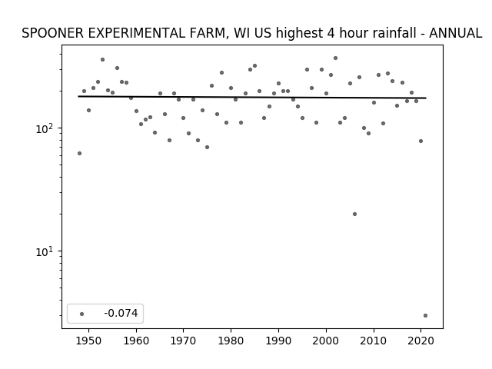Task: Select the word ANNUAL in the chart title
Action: (455, 33)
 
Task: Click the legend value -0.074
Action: (121, 313)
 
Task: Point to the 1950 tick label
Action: (88, 341)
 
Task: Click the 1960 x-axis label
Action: (136, 341)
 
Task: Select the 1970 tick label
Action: (183, 341)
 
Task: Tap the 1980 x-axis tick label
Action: (231, 341)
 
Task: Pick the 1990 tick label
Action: (278, 341)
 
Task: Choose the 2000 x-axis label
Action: (326, 341)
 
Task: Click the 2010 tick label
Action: (374, 341)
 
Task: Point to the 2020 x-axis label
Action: (421, 341)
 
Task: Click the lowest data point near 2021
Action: (425, 316)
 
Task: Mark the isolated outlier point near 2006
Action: (354, 214)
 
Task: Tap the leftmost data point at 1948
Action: (79, 154)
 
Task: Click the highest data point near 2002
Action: (335, 58)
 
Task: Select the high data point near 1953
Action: (102, 60)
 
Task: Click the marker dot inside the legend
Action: (81, 314)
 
